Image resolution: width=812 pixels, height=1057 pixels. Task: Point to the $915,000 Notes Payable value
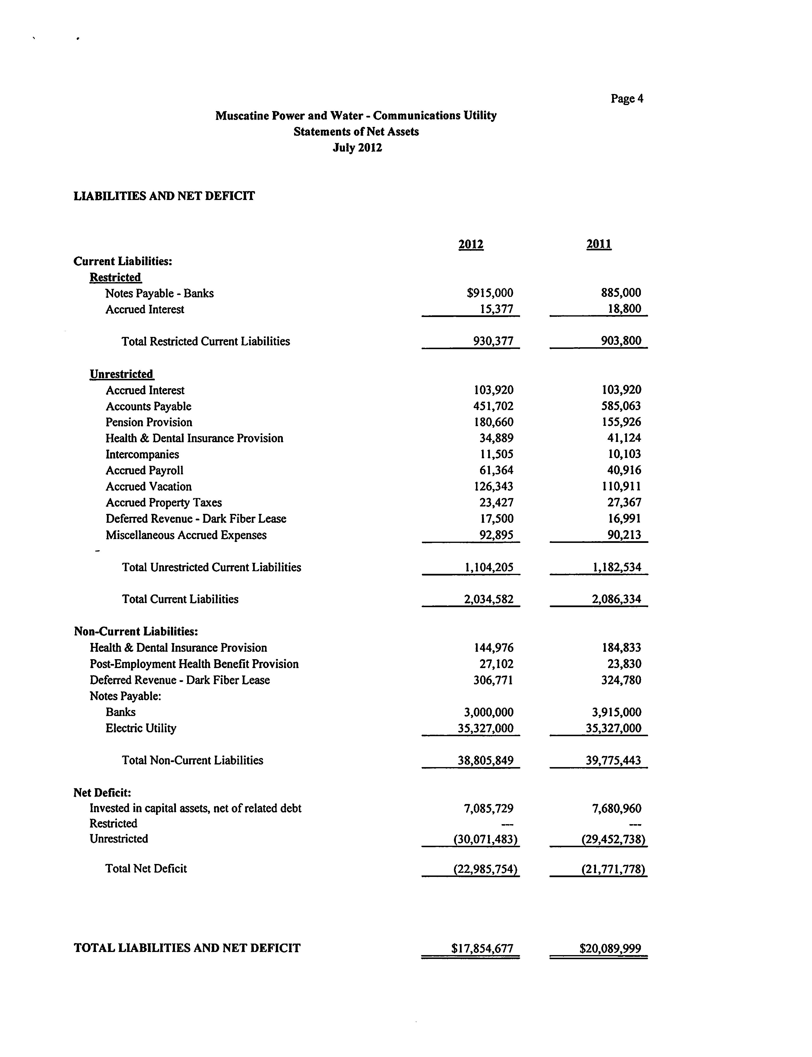490,293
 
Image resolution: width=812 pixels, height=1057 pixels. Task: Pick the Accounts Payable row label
148,406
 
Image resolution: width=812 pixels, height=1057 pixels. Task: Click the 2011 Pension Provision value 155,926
621,422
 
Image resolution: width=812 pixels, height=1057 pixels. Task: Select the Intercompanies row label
142,454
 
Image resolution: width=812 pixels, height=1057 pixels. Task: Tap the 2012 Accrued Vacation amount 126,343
493,487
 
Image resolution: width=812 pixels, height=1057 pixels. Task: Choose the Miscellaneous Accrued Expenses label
186,535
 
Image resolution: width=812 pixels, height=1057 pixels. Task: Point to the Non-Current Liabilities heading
136,632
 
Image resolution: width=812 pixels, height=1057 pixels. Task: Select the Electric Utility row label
141,728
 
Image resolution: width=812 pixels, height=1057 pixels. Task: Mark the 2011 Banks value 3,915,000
617,712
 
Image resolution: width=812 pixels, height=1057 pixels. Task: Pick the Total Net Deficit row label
146,869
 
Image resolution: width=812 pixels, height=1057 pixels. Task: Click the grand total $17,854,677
482,948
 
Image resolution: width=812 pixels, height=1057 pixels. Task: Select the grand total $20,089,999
610,948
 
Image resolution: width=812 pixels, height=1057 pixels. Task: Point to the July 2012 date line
357,147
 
